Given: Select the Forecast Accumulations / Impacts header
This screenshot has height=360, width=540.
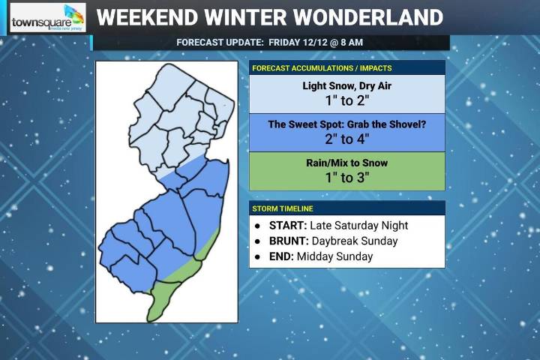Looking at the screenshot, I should [322, 68].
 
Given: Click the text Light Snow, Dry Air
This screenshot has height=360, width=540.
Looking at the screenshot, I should [346, 86].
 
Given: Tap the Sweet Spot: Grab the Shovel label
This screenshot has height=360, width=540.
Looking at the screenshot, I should [346, 124].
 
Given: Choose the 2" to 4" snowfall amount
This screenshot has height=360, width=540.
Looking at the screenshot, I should [346, 139].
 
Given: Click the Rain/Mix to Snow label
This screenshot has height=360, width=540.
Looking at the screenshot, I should [346, 163].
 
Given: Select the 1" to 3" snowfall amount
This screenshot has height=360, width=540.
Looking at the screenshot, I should [346, 178].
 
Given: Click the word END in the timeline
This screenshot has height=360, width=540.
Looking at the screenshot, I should [281, 256].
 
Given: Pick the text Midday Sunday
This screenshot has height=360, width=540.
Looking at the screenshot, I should [334, 256].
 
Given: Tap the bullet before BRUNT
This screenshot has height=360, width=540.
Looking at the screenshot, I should [258, 241].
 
